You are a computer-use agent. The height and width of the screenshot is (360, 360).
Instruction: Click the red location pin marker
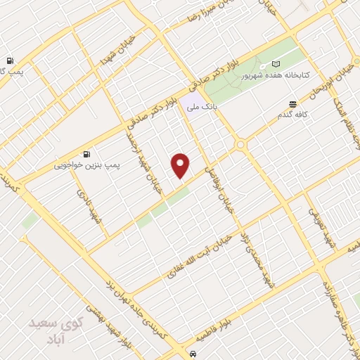[x=181, y=165]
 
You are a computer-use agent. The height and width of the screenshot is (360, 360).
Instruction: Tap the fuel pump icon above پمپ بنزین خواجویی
[x=86, y=154]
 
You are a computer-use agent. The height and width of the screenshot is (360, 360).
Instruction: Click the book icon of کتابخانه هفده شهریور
[x=275, y=63]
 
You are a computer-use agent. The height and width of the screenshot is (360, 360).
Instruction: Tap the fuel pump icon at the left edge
[x=10, y=61]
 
